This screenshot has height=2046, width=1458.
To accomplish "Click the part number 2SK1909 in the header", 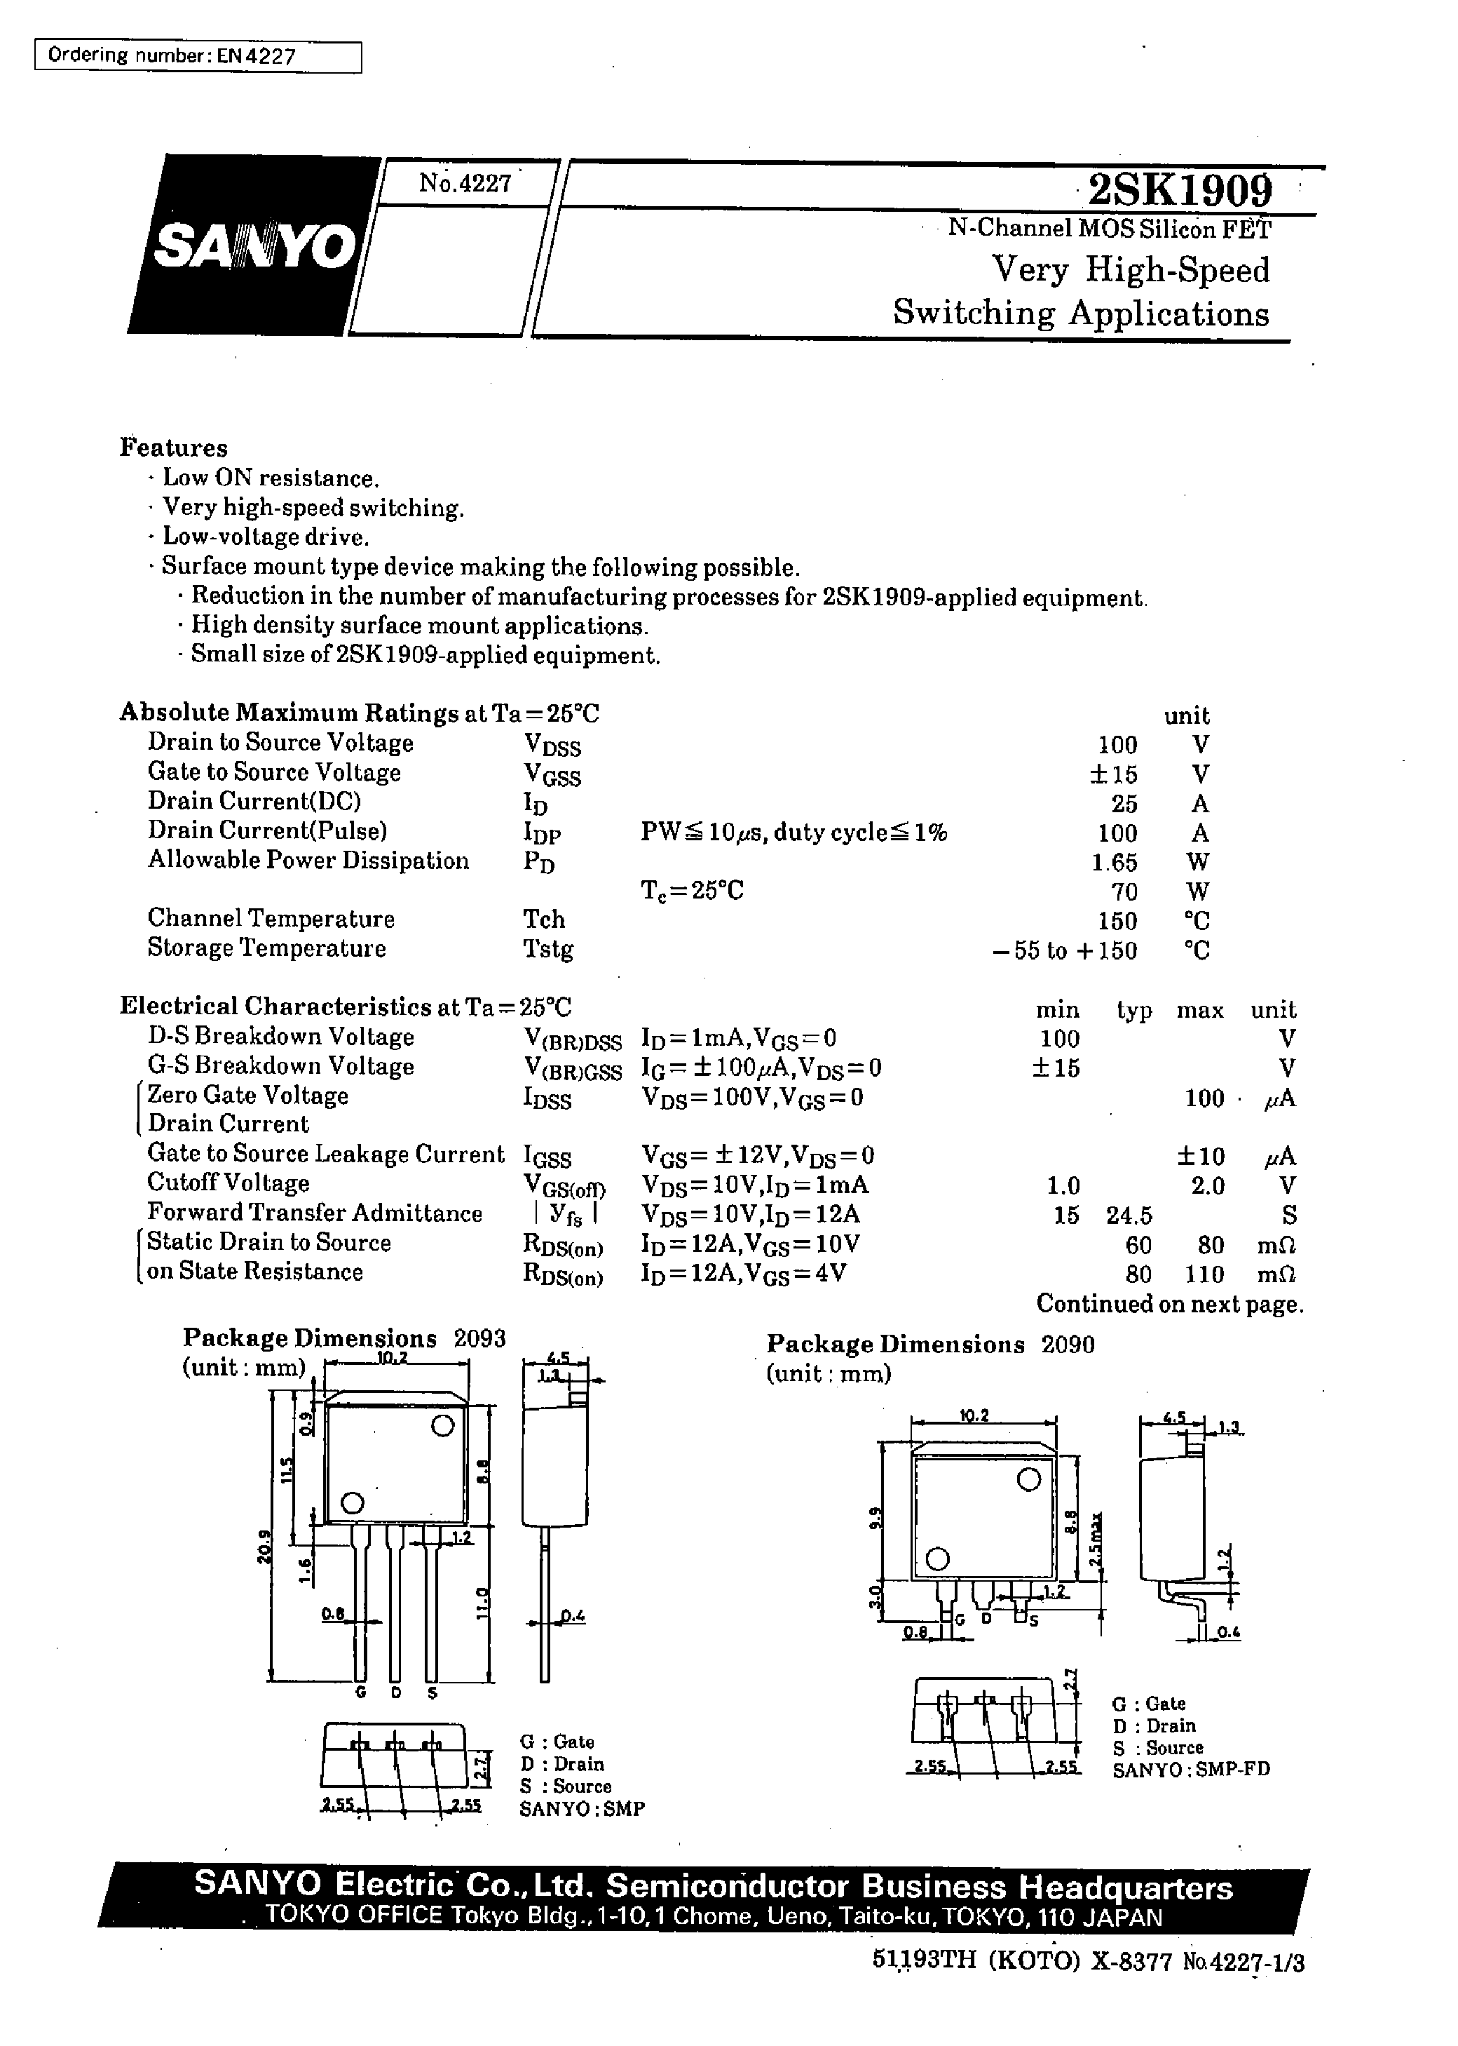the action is [1179, 189].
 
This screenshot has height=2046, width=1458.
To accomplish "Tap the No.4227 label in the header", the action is [465, 183].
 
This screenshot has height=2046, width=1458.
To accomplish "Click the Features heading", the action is [173, 447].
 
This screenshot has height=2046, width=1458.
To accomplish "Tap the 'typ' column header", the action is [1134, 1011].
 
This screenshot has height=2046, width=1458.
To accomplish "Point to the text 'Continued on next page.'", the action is [1169, 1304].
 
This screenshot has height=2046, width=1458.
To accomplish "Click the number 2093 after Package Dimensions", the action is [479, 1338].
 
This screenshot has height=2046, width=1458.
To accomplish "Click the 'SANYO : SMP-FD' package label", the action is [1190, 1770].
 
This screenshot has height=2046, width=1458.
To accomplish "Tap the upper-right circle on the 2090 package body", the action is [1028, 1479].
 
